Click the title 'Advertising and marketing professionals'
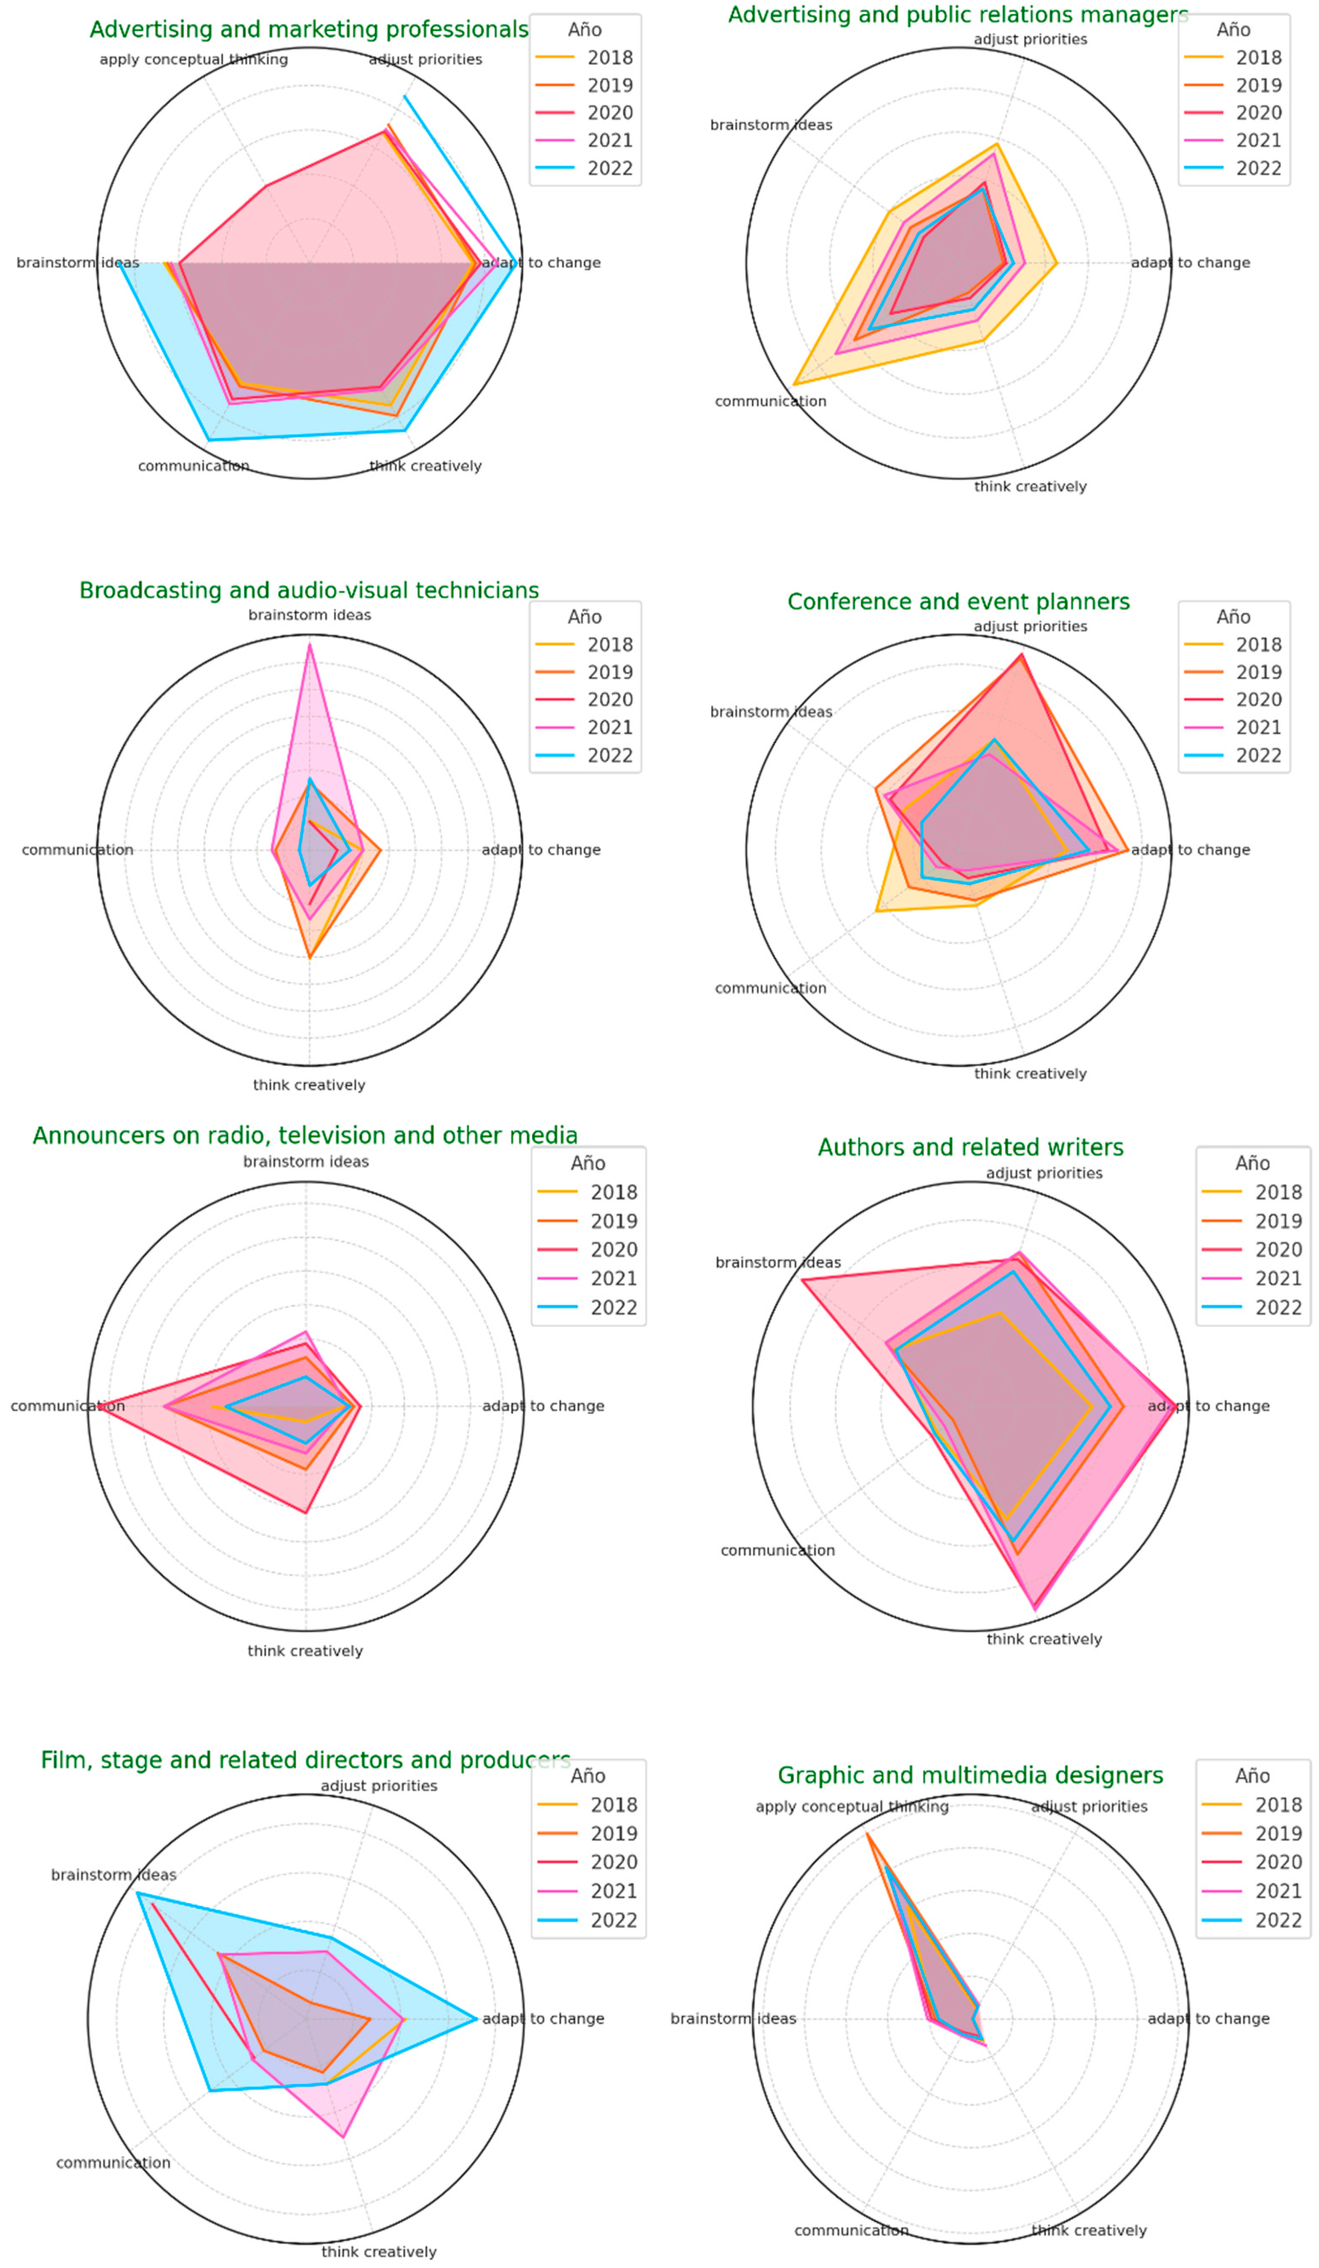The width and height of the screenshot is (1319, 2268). click(x=309, y=30)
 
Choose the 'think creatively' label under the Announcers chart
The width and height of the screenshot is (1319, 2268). click(x=305, y=1651)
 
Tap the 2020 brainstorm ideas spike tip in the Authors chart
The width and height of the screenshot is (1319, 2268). click(x=802, y=1279)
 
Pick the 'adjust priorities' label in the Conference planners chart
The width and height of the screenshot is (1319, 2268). click(x=1030, y=627)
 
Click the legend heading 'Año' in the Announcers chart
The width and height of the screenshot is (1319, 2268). click(x=588, y=1163)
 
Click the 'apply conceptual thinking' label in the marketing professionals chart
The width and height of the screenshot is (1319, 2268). click(x=194, y=59)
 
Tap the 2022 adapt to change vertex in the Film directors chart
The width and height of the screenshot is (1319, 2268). click(x=476, y=2019)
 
